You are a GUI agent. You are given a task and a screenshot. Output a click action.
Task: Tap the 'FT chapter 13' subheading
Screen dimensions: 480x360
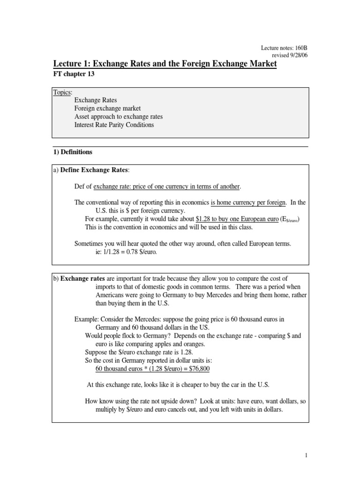tap(74, 74)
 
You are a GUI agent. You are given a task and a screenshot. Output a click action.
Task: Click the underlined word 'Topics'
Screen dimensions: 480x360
tap(62, 92)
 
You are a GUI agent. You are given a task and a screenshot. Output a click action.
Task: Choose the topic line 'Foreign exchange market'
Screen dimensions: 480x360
tap(107, 108)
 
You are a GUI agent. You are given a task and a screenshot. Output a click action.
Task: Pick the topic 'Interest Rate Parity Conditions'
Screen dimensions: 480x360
tap(114, 125)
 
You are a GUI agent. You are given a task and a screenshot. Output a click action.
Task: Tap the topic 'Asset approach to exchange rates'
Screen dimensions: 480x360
tap(119, 117)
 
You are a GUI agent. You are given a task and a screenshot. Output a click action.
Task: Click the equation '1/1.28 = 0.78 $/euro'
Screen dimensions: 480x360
tap(127, 252)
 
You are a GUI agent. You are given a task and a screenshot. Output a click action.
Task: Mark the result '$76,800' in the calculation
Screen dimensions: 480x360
tap(198, 369)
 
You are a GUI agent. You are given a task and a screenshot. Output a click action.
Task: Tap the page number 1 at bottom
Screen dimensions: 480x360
tap(305, 455)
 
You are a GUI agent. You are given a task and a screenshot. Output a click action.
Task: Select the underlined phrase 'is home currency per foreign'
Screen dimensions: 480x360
tap(248, 202)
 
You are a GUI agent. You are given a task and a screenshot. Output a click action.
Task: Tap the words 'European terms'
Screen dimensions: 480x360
tap(269, 244)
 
